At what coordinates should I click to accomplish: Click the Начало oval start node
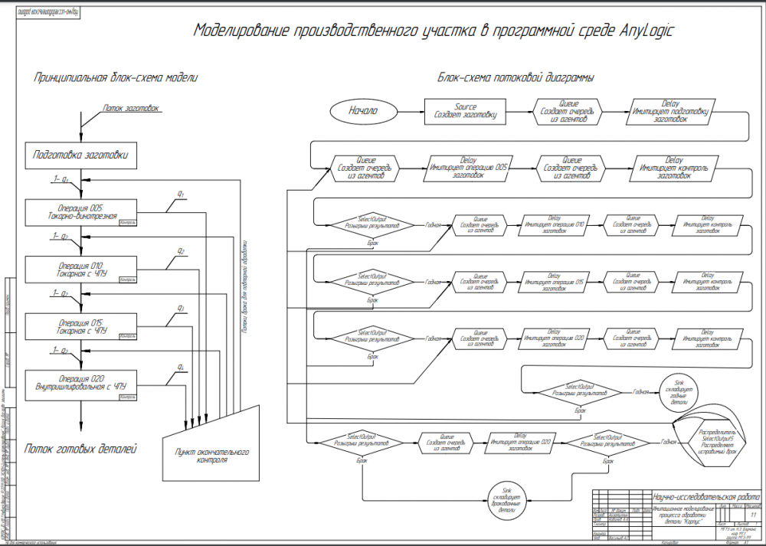point(363,111)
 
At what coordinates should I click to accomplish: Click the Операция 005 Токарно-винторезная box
point(81,211)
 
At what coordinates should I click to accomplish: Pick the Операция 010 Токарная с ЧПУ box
point(81,268)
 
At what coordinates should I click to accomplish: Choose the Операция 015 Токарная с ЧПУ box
point(81,325)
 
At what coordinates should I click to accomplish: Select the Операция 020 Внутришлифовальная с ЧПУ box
point(81,382)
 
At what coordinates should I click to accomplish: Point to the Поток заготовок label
point(130,108)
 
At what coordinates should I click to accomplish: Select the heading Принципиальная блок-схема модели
point(116,78)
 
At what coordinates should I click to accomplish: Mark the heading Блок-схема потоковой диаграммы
point(516,78)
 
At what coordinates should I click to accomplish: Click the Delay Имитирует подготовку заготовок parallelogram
point(671,112)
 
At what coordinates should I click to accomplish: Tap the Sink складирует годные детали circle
point(679,392)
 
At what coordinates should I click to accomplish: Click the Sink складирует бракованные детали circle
point(507,498)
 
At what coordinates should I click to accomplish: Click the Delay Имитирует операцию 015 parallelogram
point(555,282)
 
